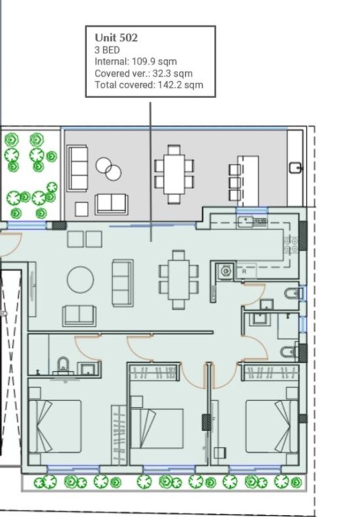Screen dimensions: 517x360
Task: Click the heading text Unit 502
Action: click(116, 38)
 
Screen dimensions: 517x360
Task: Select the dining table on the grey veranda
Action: click(174, 172)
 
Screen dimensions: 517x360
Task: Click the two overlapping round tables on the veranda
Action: click(109, 169)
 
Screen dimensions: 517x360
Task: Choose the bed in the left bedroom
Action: click(55, 427)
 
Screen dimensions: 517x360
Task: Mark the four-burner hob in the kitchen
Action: click(290, 243)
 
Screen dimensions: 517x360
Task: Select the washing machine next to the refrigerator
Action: click(225, 271)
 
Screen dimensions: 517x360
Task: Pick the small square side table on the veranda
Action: click(81, 209)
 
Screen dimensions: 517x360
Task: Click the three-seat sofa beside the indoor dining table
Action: click(122, 282)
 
